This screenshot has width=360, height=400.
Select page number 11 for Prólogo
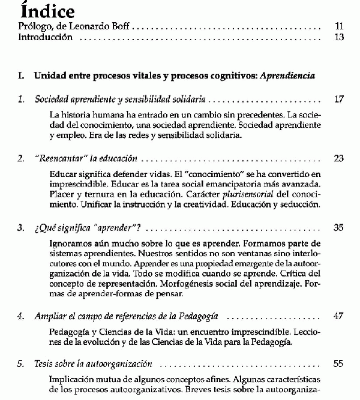(x=339, y=26)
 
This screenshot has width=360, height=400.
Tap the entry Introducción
(x=46, y=37)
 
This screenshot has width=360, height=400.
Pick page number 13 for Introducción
(x=339, y=37)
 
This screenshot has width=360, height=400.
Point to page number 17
(x=339, y=99)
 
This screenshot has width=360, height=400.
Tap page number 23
(x=339, y=159)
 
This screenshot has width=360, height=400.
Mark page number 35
(x=339, y=228)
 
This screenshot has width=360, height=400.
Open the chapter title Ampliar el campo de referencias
(x=126, y=316)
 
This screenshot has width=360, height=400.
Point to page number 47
(x=339, y=316)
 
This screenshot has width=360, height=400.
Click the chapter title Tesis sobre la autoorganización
(x=93, y=364)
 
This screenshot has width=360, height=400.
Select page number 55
(x=339, y=364)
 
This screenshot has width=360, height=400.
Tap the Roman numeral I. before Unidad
(x=22, y=77)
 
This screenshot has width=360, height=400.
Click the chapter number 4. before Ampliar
(x=22, y=316)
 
